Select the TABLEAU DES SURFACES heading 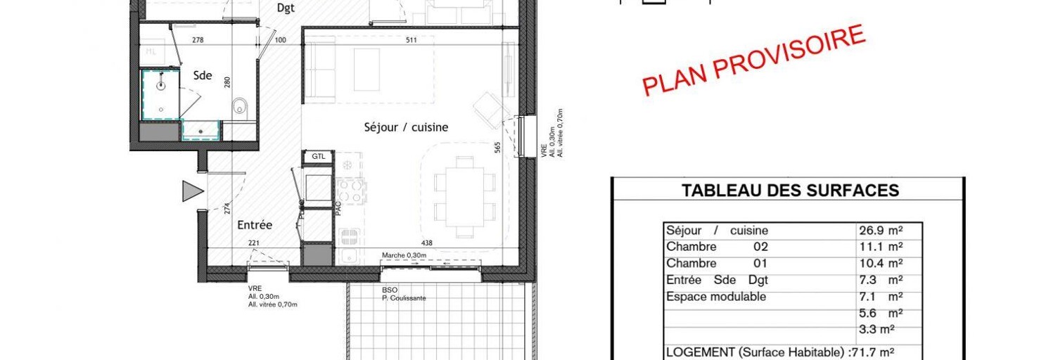(x=791, y=190)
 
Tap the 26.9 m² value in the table (x=880, y=231)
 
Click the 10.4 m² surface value (x=880, y=264)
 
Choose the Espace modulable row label (x=716, y=297)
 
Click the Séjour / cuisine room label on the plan (x=406, y=127)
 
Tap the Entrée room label (x=255, y=225)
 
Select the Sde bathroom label (x=203, y=76)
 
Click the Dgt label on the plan (x=286, y=8)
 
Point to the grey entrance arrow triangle (x=192, y=191)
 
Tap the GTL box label (x=319, y=156)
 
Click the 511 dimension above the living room (x=412, y=40)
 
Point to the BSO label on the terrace (x=390, y=289)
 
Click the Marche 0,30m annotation (x=404, y=255)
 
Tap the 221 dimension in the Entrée (x=253, y=243)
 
